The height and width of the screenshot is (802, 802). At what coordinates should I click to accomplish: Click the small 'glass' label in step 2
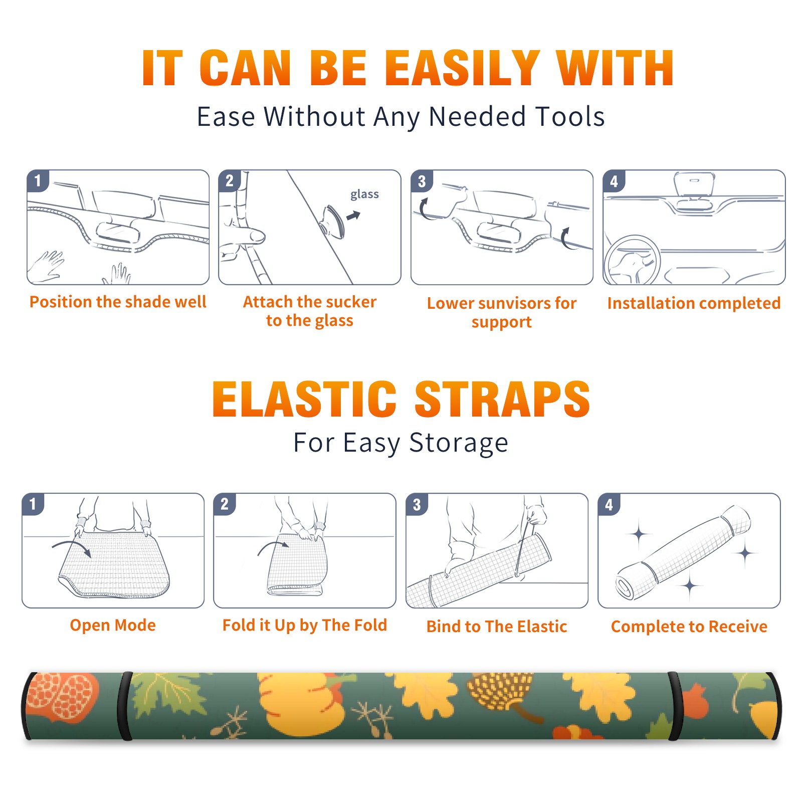click(364, 194)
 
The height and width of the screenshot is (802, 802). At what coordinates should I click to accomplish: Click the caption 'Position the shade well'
click(118, 302)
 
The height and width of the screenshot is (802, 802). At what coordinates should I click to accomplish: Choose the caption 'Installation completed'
click(694, 303)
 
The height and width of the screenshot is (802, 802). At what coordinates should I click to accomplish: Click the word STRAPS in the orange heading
click(502, 399)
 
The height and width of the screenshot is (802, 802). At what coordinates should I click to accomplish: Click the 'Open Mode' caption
click(113, 625)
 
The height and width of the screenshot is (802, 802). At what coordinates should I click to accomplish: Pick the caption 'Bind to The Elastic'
click(497, 626)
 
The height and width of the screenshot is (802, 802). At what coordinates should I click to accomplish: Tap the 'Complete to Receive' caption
click(689, 626)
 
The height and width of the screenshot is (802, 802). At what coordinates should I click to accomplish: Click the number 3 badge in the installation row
click(422, 181)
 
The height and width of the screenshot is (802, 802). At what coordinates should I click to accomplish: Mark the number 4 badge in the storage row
click(609, 504)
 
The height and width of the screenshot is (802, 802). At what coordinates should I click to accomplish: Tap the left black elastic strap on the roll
click(125, 706)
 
